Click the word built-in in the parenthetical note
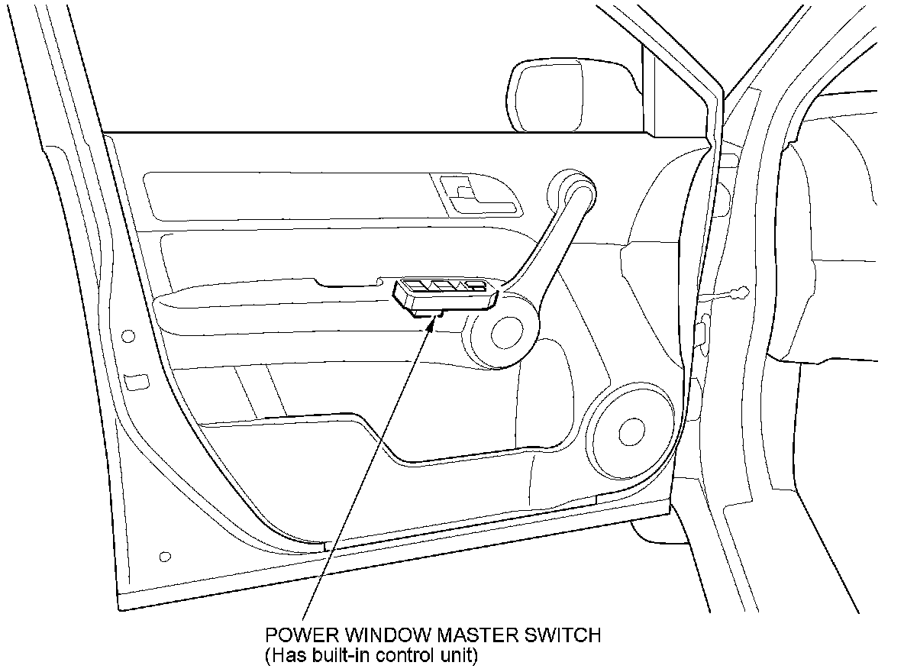(338, 654)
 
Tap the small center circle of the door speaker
(632, 431)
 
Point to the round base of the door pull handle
(503, 332)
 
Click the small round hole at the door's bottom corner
(166, 556)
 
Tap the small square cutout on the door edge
(137, 381)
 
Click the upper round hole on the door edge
(128, 336)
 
